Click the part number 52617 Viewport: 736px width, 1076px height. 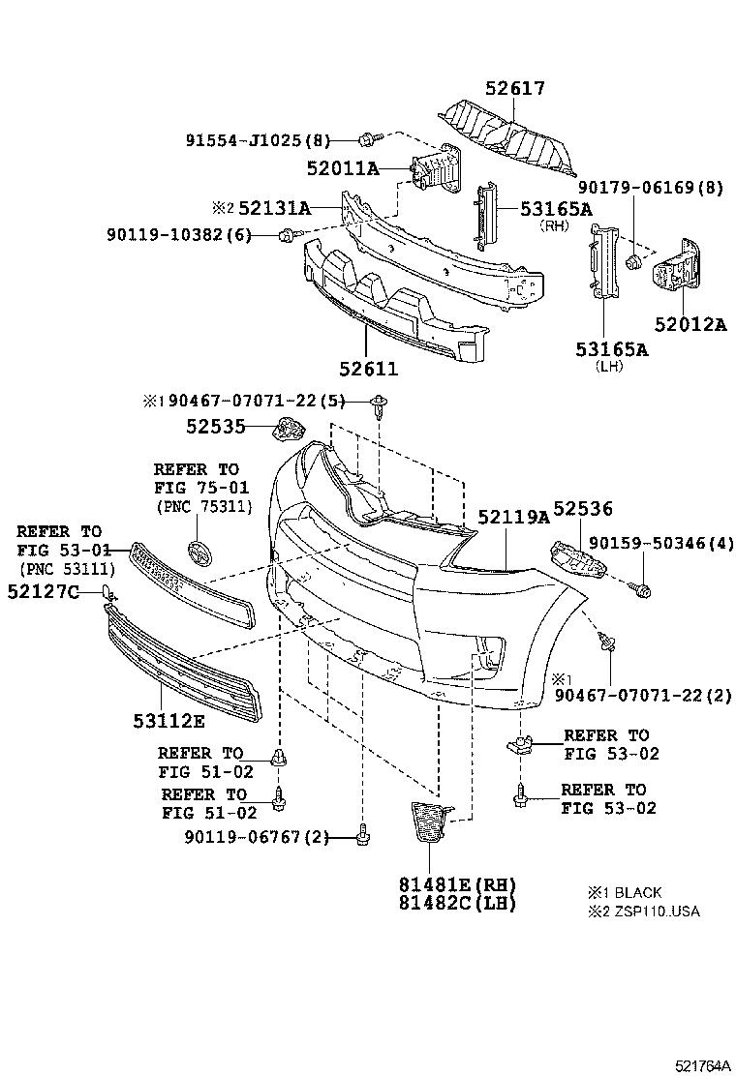point(515,89)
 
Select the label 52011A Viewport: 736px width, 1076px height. point(344,168)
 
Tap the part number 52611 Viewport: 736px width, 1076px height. point(368,370)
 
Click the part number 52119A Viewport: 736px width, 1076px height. point(512,518)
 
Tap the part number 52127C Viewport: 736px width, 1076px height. point(43,591)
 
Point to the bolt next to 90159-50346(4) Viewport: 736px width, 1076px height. point(640,588)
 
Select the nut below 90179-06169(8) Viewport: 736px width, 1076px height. point(632,260)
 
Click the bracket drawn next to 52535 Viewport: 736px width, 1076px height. point(289,427)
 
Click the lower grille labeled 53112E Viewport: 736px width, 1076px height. point(184,658)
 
